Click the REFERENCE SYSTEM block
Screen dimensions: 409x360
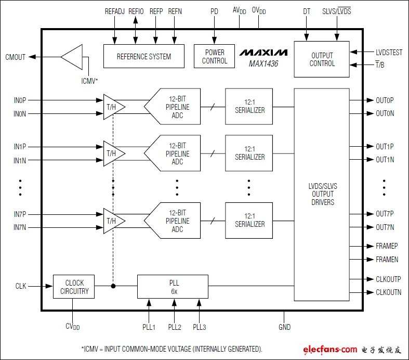pyautogui.click(x=144, y=56)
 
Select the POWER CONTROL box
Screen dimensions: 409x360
pyautogui.click(x=214, y=56)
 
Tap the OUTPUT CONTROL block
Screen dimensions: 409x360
pyautogui.click(x=322, y=59)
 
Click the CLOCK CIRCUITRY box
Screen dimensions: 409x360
pyautogui.click(x=74, y=287)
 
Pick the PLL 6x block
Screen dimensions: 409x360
pyautogui.click(x=173, y=287)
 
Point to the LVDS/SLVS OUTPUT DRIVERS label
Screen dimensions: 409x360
pyautogui.click(x=323, y=194)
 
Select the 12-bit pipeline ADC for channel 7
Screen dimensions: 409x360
pyautogui.click(x=172, y=221)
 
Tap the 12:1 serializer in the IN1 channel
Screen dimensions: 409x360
pyautogui.click(x=249, y=153)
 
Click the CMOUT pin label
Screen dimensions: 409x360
pyautogui.click(x=16, y=57)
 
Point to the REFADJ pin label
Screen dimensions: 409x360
pyautogui.click(x=115, y=11)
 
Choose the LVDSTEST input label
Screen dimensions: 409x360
pyautogui.click(x=389, y=53)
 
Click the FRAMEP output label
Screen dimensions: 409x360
pyautogui.click(x=387, y=246)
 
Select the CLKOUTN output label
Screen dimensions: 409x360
pyautogui.click(x=388, y=292)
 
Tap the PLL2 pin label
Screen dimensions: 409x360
pyautogui.click(x=175, y=327)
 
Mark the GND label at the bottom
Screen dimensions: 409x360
pyautogui.click(x=285, y=327)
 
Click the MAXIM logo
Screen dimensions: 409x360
pyautogui.click(x=263, y=53)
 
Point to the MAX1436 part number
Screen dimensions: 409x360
pyautogui.click(x=263, y=63)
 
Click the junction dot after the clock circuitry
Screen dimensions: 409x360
pyautogui.click(x=113, y=286)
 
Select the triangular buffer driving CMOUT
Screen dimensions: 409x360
pyautogui.click(x=72, y=57)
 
